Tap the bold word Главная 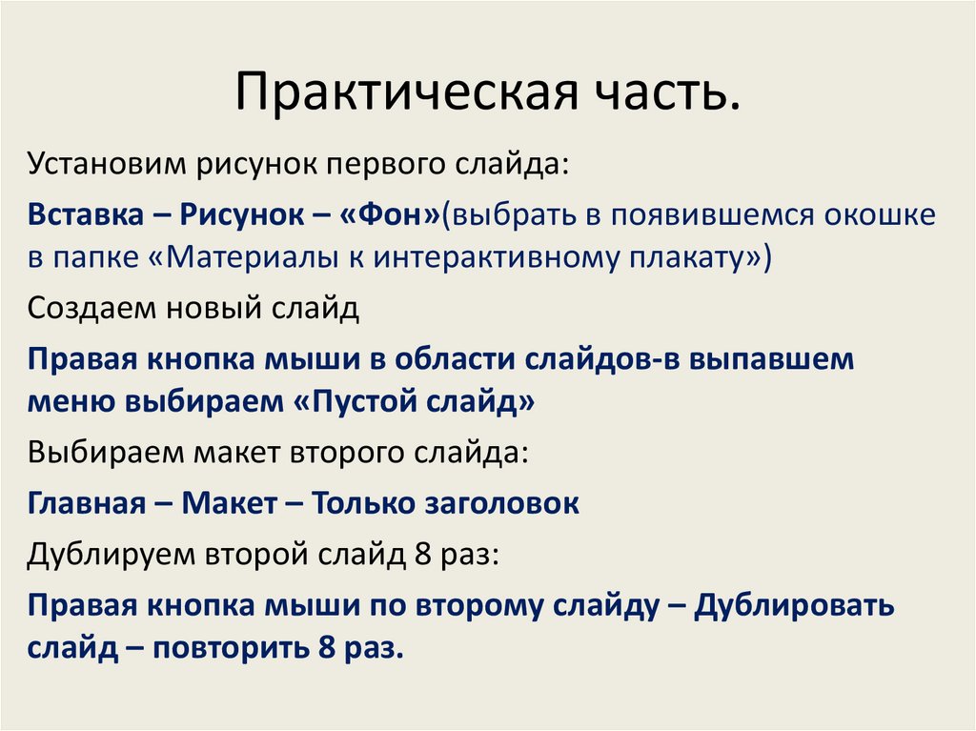(x=85, y=501)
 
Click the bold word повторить (x=231, y=647)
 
